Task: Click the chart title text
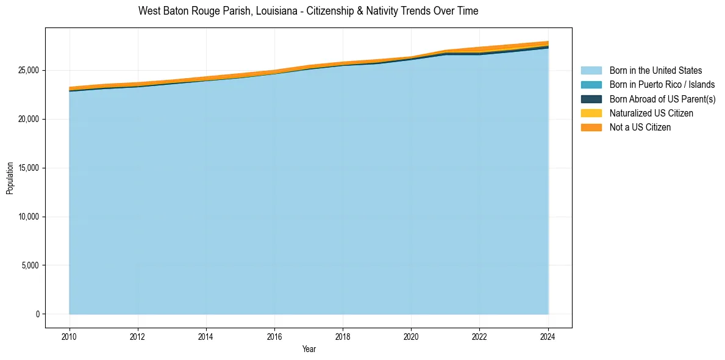pos(308,11)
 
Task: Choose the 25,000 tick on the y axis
pos(28,70)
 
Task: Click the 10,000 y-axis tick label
pos(28,217)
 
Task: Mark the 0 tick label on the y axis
pos(37,314)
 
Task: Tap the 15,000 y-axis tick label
pos(28,168)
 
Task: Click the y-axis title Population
pos(10,178)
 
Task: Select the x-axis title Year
pos(309,350)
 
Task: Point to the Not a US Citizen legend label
pos(640,127)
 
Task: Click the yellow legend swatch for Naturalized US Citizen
pos(591,113)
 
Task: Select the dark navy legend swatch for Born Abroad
pos(591,99)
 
